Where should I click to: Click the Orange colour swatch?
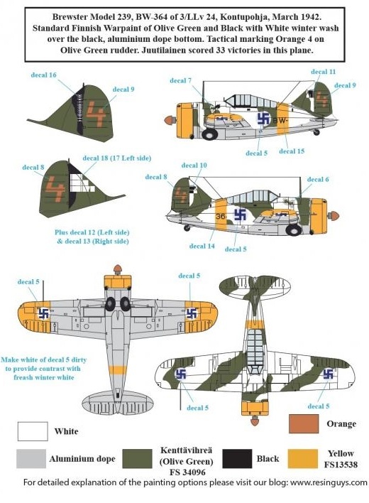(x=303, y=423)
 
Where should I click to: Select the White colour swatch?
(x=33, y=431)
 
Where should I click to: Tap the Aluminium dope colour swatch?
(x=31, y=458)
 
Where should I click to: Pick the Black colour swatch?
(x=237, y=458)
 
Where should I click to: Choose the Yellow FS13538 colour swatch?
(x=303, y=458)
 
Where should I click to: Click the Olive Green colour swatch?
(x=138, y=458)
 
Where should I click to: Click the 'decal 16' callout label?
(x=43, y=75)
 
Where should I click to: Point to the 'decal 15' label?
(x=292, y=151)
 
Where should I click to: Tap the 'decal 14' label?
(x=202, y=246)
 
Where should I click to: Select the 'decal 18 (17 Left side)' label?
(x=117, y=158)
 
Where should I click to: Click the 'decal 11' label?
(x=323, y=72)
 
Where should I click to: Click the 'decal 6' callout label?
(x=318, y=179)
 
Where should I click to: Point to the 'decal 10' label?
(x=194, y=166)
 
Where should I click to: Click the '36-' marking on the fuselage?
(x=221, y=217)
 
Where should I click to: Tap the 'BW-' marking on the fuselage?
(x=281, y=121)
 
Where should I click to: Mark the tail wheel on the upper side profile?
(x=316, y=132)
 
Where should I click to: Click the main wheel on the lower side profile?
(x=293, y=229)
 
